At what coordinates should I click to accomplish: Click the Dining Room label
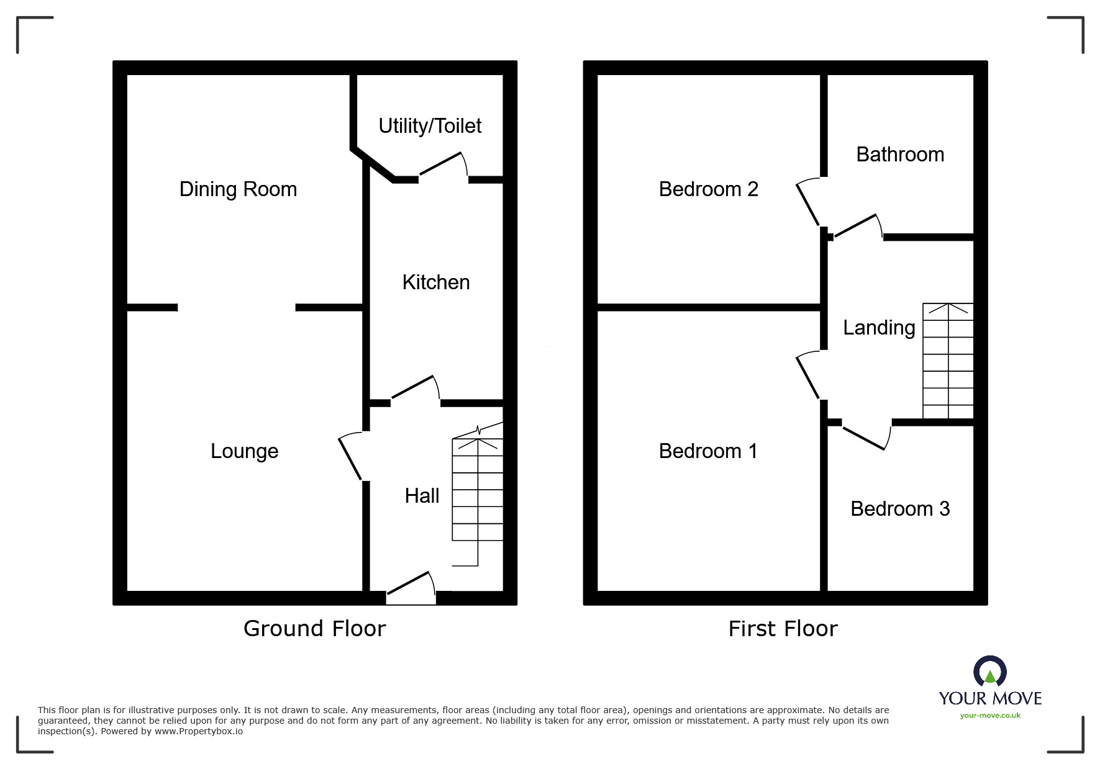238,189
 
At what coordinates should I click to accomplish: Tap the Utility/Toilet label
430,126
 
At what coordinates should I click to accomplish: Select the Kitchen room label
435,282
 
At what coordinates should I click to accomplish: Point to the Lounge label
244,451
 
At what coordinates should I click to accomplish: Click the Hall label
422,496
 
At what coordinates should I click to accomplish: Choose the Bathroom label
900,155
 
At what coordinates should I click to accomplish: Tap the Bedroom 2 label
708,189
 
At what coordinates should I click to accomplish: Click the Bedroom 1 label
708,451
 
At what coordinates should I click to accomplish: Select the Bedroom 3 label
900,509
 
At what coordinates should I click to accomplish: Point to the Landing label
879,328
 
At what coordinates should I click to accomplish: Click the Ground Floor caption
314,629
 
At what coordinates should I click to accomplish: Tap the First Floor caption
783,629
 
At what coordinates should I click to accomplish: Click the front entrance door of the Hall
410,587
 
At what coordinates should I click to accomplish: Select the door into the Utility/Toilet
442,166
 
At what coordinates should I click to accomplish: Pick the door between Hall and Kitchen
414,389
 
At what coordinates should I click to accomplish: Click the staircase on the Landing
948,361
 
